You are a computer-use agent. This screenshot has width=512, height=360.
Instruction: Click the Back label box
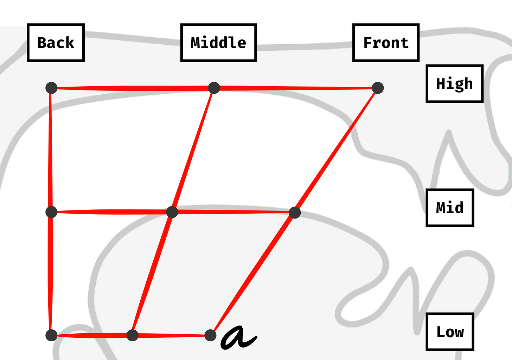[x=56, y=43]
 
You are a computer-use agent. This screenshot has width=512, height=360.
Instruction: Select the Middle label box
[x=218, y=43]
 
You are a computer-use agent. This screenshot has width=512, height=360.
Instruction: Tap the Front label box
[x=386, y=43]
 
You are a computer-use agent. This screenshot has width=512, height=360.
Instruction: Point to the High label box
[x=454, y=84]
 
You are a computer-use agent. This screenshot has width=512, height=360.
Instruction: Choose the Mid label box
[x=450, y=208]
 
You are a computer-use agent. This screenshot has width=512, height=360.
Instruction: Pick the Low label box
[x=450, y=332]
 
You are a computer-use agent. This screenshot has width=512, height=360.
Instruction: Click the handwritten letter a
[x=238, y=337]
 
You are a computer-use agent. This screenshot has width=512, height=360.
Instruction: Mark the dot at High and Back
[x=51, y=88]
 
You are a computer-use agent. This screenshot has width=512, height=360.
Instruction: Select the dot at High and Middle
[x=214, y=88]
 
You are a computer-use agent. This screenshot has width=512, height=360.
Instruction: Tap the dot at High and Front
[x=378, y=88]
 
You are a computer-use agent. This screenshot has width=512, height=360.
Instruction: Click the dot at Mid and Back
[x=51, y=212]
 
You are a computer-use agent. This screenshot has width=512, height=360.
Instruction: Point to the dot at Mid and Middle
[x=172, y=212]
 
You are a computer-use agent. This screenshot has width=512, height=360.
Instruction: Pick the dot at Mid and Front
[x=295, y=213]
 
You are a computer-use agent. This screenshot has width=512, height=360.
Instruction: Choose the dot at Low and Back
[x=51, y=335]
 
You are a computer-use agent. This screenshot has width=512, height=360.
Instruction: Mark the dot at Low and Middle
[x=132, y=335]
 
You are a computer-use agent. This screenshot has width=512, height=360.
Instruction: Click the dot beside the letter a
[x=210, y=335]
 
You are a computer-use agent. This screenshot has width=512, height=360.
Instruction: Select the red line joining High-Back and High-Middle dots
[x=133, y=88]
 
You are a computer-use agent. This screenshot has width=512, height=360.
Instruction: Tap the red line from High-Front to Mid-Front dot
[x=336, y=150]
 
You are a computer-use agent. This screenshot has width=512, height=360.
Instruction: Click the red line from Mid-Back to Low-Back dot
[x=51, y=273]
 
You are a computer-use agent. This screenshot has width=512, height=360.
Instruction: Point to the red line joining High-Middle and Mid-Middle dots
[x=193, y=150]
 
